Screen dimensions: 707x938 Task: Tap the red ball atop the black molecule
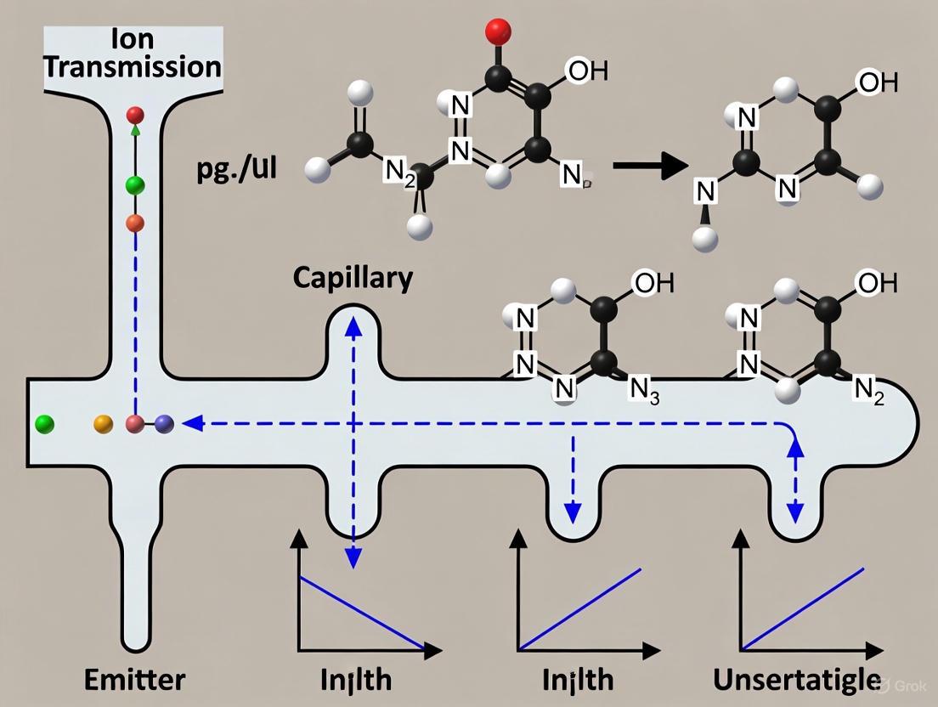497,31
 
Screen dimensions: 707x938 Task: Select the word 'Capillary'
353,278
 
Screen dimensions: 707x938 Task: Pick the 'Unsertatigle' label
796,679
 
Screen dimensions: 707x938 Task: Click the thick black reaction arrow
650,167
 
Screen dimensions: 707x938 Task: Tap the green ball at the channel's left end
45,422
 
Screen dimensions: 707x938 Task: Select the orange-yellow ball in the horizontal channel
103,422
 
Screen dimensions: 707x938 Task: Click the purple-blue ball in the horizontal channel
164,422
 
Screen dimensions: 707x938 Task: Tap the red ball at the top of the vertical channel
135,116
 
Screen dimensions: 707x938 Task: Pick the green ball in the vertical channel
135,185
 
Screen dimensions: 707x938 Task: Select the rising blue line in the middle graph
581,610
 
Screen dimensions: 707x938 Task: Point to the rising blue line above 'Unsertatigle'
803,608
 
